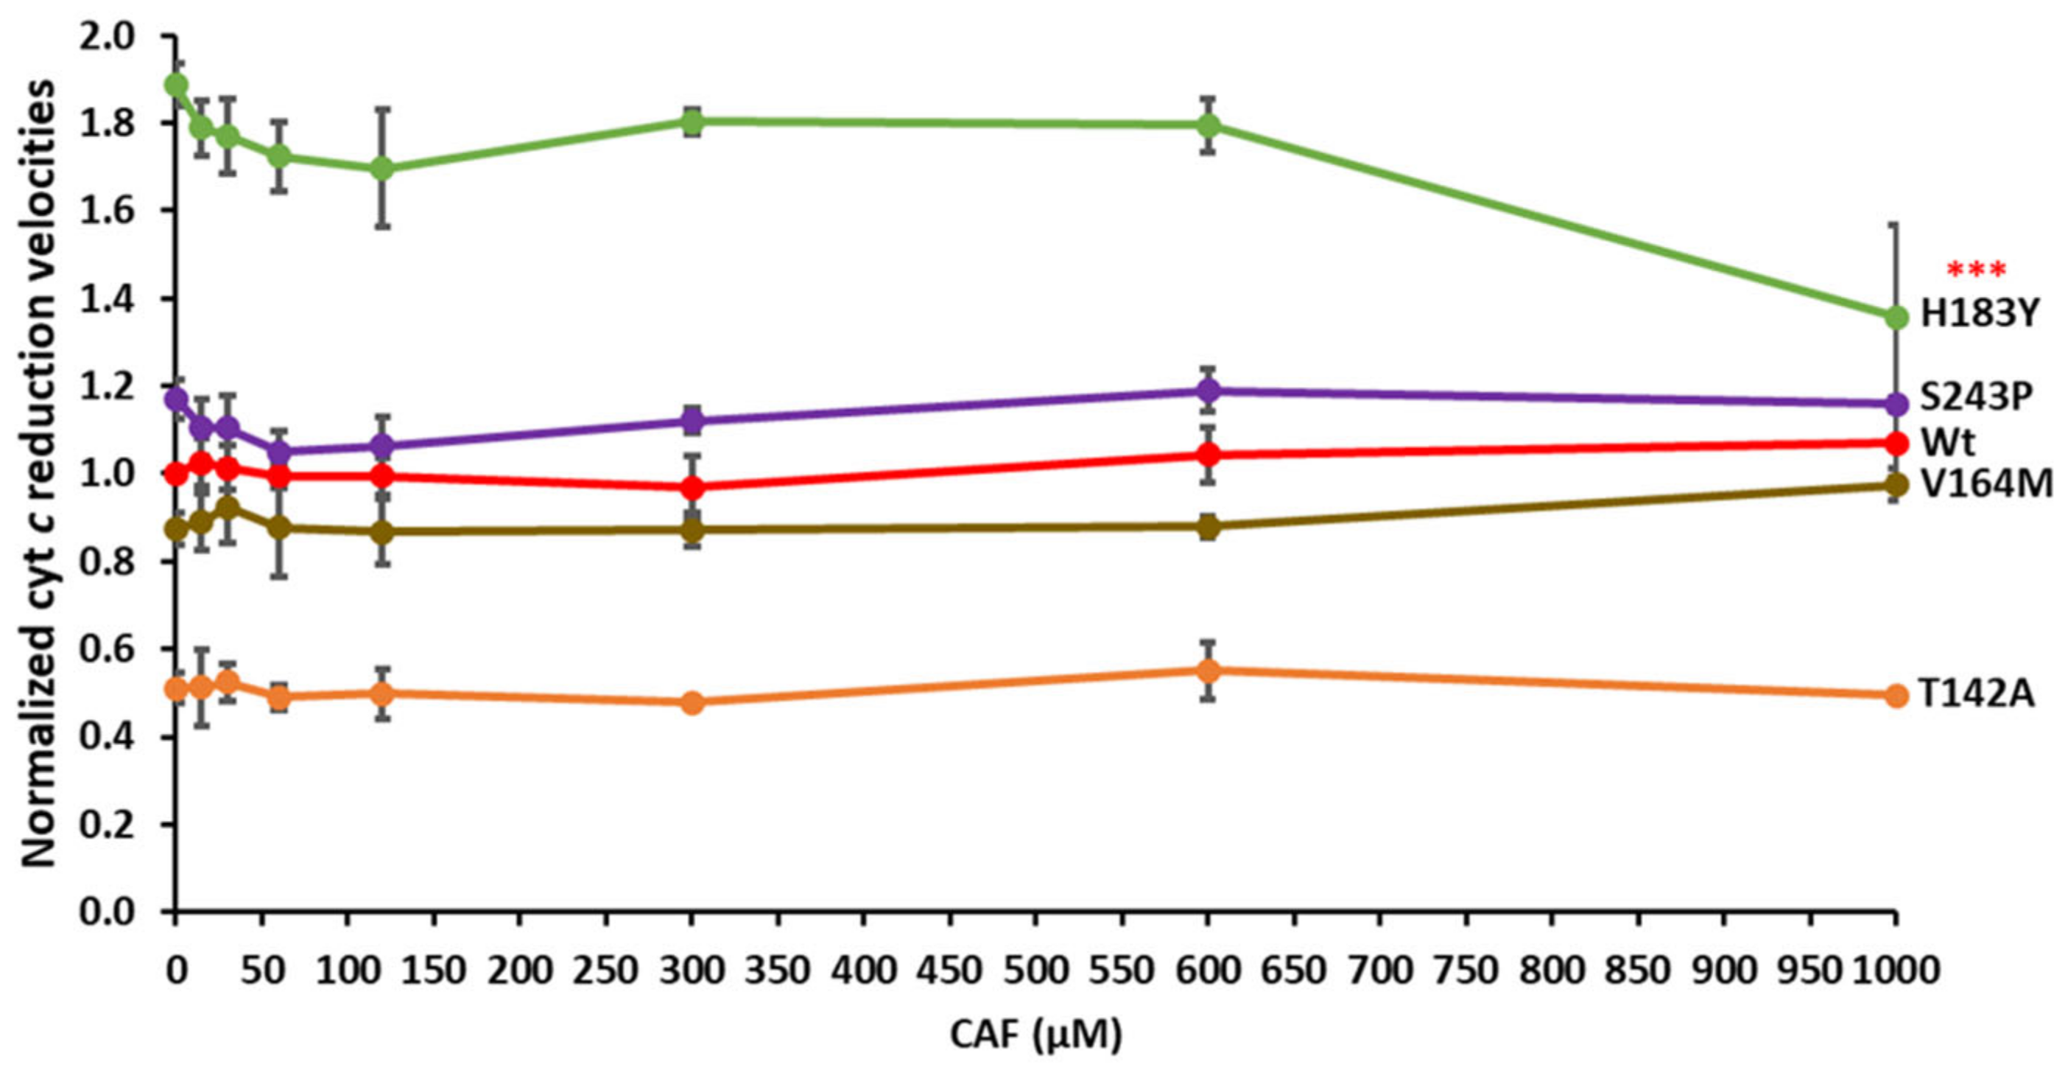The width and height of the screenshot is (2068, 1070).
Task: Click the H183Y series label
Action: (x=1978, y=314)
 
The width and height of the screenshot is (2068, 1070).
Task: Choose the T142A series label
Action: (x=1977, y=695)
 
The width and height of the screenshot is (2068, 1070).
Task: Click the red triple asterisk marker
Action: (x=1976, y=271)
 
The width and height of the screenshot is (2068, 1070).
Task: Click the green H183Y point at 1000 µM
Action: (x=1896, y=318)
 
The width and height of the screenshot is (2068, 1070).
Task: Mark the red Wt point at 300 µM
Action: (x=692, y=488)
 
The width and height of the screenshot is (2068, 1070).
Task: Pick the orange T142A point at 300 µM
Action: (x=692, y=703)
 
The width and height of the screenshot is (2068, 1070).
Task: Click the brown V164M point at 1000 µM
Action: (x=1896, y=485)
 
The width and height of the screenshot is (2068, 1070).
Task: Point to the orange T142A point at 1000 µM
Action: (x=1896, y=696)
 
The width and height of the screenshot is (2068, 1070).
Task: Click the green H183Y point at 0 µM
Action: (x=176, y=84)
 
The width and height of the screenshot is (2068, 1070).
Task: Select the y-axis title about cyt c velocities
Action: (x=38, y=474)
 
